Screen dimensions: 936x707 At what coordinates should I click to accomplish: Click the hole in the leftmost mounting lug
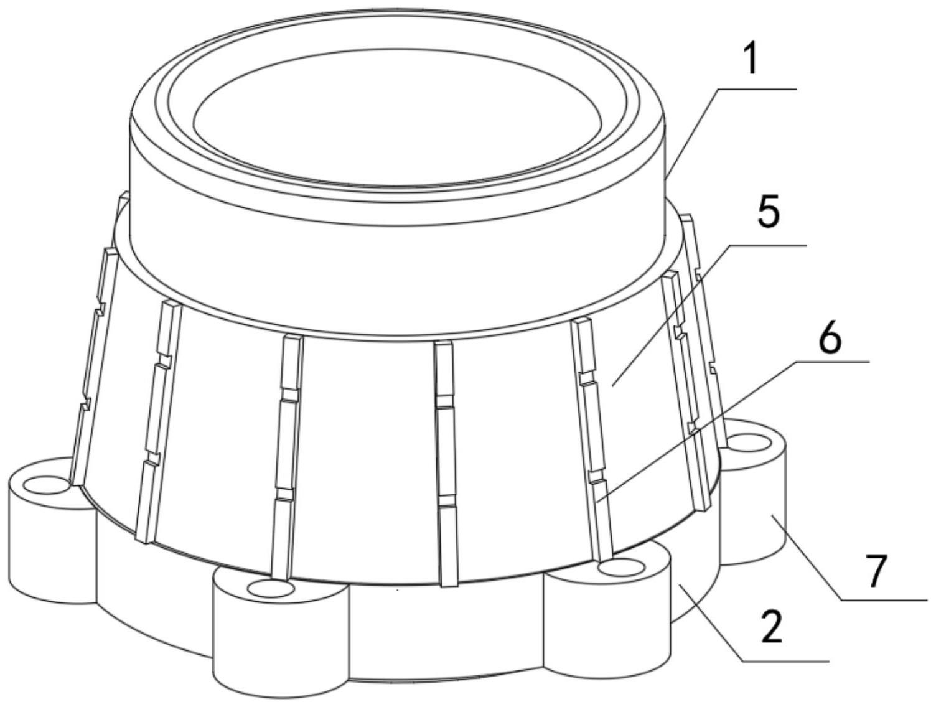[x=46, y=485]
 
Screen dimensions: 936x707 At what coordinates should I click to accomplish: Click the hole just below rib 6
[x=622, y=569]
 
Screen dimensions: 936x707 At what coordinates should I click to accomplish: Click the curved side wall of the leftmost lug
[x=51, y=550]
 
